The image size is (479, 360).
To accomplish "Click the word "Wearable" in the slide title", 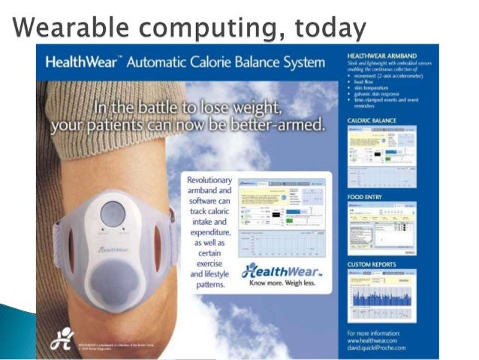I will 61,28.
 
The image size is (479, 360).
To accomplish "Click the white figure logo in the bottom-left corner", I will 61,339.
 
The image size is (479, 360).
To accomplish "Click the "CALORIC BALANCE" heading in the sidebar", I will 373,120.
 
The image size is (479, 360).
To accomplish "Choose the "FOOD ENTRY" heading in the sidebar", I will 366,197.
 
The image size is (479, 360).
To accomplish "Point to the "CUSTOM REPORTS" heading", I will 372,265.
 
